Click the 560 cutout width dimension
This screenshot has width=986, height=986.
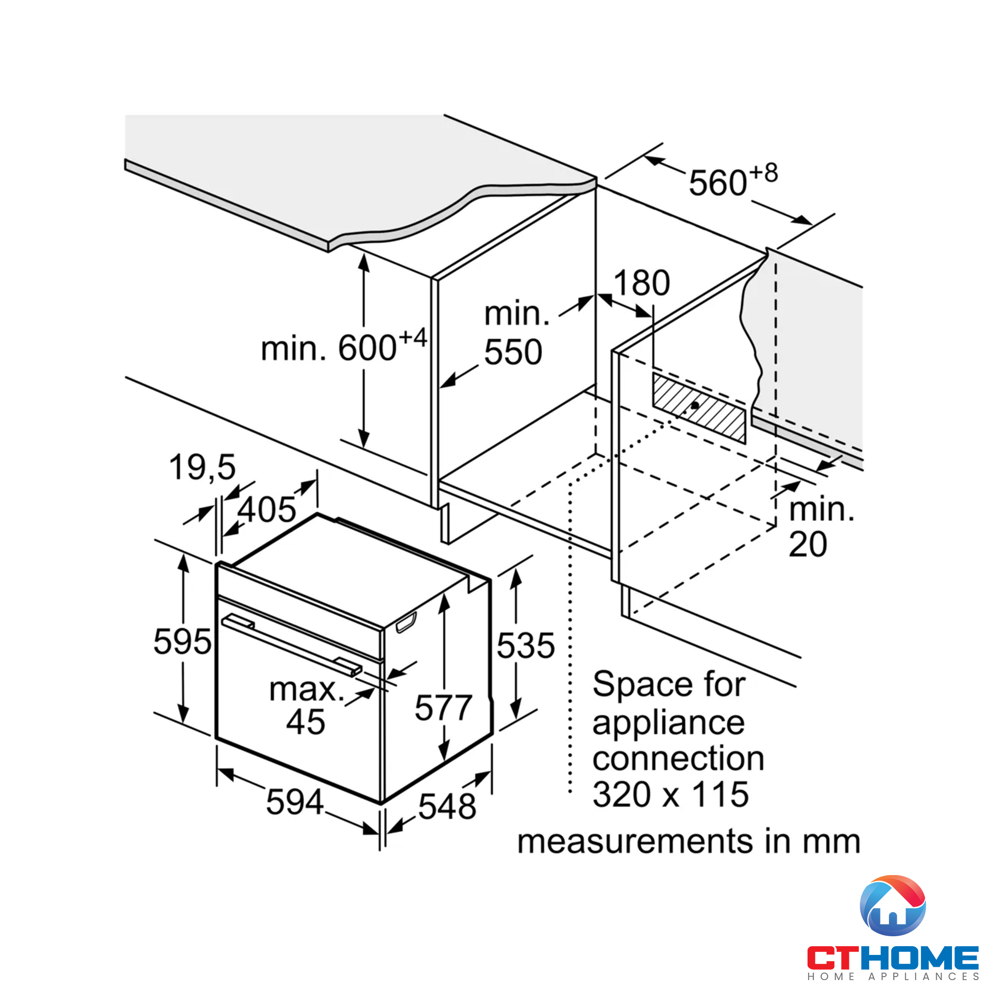coord(717,183)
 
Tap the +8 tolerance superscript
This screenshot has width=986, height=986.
coord(764,174)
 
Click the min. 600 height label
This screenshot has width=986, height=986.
coord(343,348)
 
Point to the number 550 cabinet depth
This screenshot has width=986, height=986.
coord(513,352)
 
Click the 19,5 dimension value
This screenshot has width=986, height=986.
coord(203,467)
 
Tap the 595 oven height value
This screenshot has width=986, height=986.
coord(182,641)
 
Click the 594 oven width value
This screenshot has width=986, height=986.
coord(294,802)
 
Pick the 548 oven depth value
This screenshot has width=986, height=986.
coord(447,807)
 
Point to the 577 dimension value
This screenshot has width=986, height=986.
coord(443,708)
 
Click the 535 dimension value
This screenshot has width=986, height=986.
coord(526,646)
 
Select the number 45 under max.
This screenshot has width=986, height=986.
coord(305,722)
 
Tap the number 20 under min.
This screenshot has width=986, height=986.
coord(808,545)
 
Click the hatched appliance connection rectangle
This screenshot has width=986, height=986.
coord(699,407)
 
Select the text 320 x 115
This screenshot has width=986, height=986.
coord(670,795)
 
